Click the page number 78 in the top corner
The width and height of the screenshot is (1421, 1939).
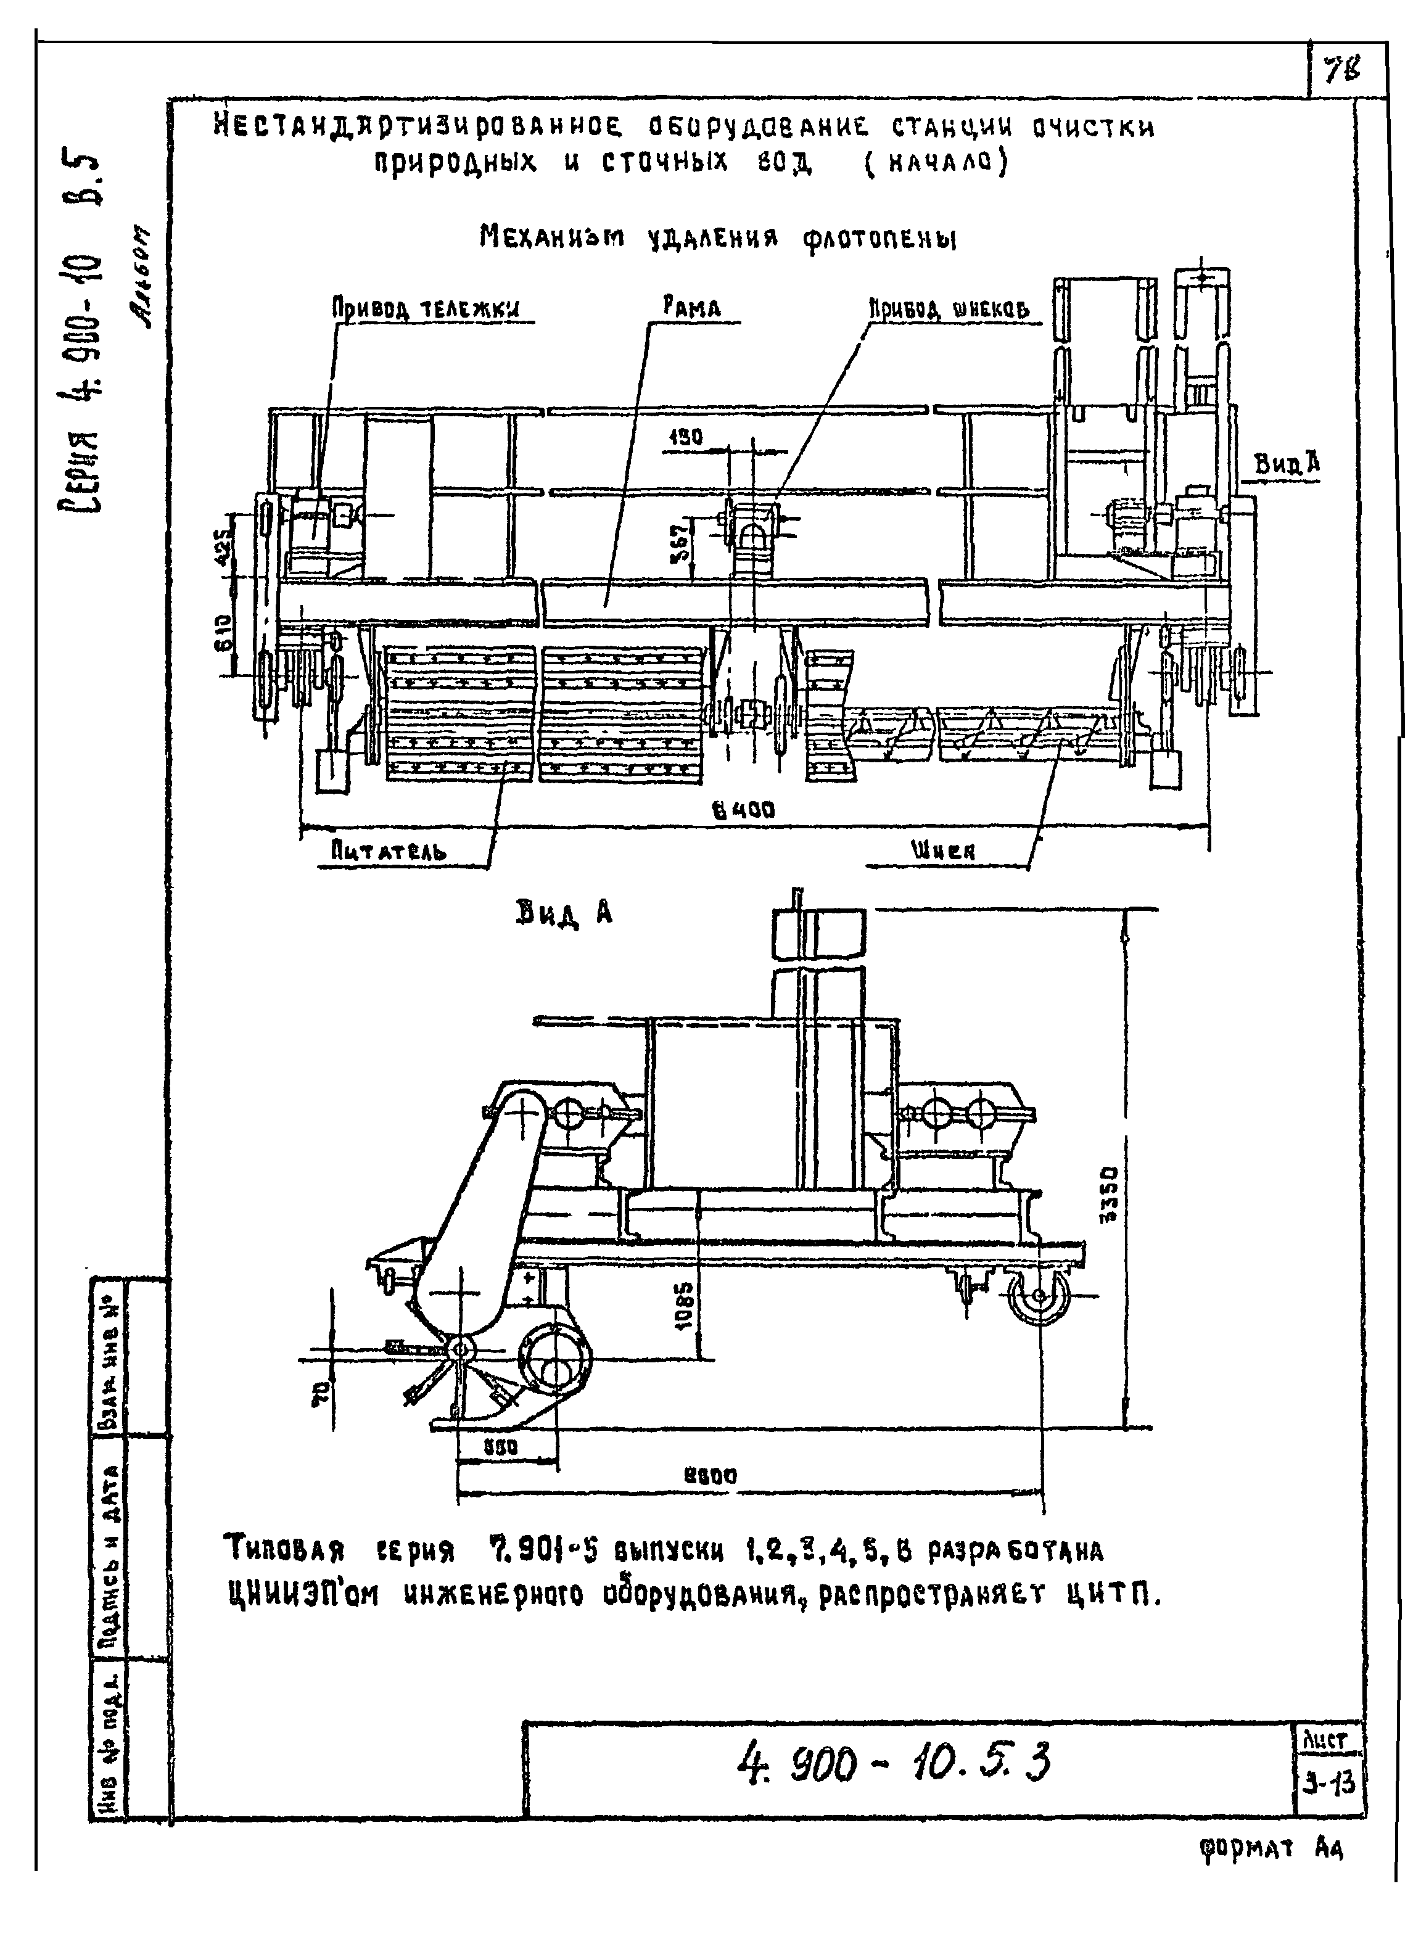[x=1343, y=70]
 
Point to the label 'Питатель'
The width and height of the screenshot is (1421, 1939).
[x=389, y=852]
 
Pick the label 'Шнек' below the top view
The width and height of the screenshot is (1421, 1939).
[x=943, y=851]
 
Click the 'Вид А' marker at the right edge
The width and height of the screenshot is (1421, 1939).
[x=1287, y=466]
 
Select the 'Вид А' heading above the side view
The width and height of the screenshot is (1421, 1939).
[x=564, y=913]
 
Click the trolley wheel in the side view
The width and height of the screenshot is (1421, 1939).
[x=1039, y=1296]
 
